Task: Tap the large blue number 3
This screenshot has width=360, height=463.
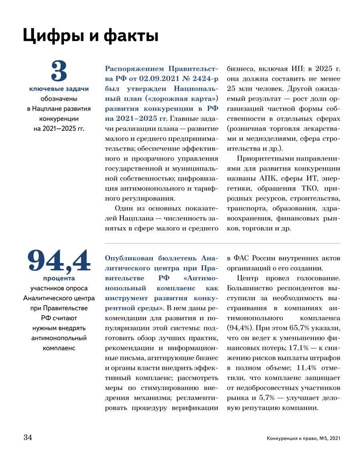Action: tap(59, 72)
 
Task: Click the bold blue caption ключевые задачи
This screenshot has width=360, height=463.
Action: tap(59, 88)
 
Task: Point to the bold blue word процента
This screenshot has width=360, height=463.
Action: tap(59, 278)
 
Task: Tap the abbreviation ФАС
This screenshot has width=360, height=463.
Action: tap(244, 258)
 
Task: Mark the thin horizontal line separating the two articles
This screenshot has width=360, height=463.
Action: tap(222, 243)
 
